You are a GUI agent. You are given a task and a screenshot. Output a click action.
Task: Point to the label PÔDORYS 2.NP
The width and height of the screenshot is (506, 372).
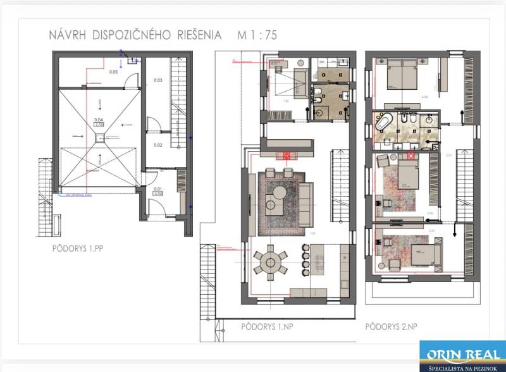click(x=392, y=327)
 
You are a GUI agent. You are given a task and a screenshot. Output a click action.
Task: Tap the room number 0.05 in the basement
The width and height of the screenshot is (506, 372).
click(x=113, y=72)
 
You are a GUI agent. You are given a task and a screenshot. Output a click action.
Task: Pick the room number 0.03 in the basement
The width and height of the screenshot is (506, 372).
click(x=158, y=80)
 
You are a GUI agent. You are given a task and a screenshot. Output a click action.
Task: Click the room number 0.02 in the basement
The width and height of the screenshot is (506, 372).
click(x=158, y=145)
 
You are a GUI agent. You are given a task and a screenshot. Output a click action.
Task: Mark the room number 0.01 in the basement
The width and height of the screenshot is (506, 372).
click(x=158, y=189)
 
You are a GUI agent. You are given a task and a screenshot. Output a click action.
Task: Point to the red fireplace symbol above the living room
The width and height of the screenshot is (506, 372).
click(x=288, y=154)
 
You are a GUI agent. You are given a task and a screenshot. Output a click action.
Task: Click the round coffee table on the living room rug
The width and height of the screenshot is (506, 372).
click(x=274, y=202)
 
